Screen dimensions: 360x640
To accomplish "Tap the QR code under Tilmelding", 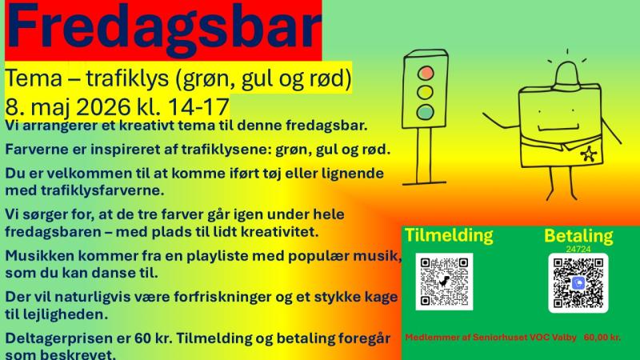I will click(443, 282).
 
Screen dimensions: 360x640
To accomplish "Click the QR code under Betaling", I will click(578, 282).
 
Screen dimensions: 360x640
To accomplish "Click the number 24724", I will click(578, 249).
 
